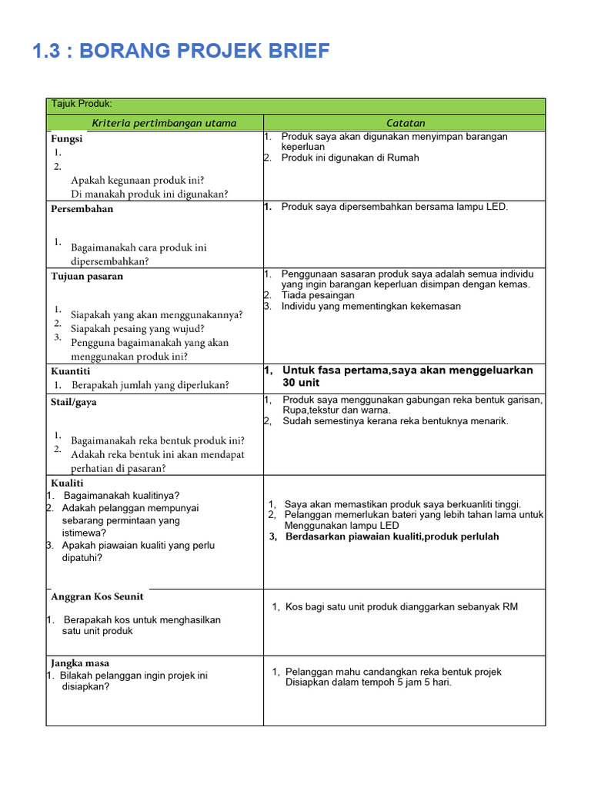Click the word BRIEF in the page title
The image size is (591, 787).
[x=295, y=51]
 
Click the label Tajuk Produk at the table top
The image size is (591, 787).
[x=82, y=104]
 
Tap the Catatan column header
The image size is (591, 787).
[x=406, y=123]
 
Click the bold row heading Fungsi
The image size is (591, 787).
[x=66, y=139]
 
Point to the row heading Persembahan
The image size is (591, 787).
[x=82, y=209]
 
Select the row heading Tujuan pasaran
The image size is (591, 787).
[x=86, y=277]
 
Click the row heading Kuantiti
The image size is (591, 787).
[x=70, y=370]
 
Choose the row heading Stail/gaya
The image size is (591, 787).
[x=74, y=402]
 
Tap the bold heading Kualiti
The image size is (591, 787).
[x=67, y=483]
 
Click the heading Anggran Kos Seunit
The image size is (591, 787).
[x=97, y=596]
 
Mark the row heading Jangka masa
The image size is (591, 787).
[x=80, y=662]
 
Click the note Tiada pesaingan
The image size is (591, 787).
[x=318, y=295]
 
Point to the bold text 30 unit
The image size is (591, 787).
[x=301, y=383]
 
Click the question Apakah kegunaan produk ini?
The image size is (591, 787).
[x=137, y=181]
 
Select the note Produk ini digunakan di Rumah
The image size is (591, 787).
[x=350, y=158]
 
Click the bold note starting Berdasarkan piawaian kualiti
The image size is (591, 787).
[x=392, y=536]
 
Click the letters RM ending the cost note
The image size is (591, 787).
[x=510, y=607]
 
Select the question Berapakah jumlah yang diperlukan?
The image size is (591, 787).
[x=150, y=385]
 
